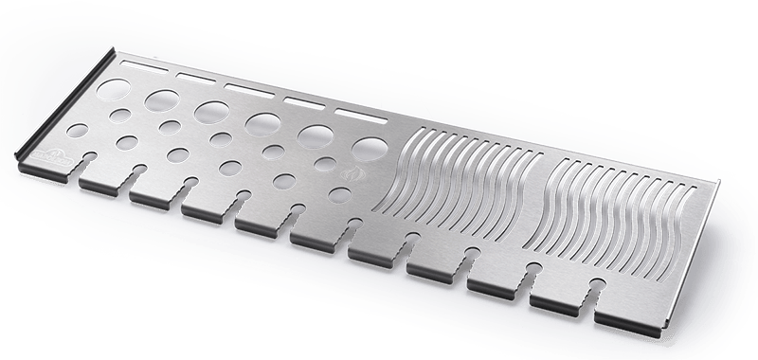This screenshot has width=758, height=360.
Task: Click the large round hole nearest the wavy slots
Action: tap(367, 148)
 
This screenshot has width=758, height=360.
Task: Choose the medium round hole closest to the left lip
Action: tap(120, 115)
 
